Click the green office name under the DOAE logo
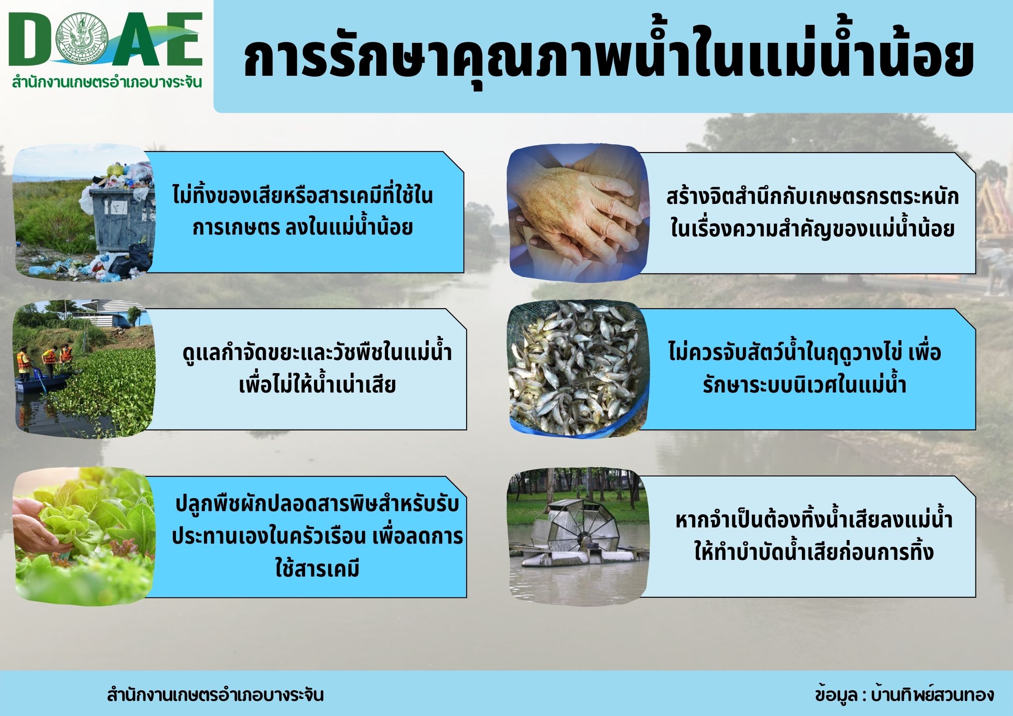coord(107,83)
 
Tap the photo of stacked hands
coord(579,212)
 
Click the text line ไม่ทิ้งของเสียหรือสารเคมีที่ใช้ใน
coord(303,196)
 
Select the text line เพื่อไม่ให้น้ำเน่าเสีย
coord(317,385)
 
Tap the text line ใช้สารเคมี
coord(317,569)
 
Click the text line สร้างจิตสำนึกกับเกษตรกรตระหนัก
coord(813,197)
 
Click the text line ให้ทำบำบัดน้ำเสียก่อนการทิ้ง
coord(814,551)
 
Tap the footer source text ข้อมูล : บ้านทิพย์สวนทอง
coord(904,694)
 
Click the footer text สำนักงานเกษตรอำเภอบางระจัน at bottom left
coord(215,694)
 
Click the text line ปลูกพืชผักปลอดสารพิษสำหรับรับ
coord(317,504)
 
